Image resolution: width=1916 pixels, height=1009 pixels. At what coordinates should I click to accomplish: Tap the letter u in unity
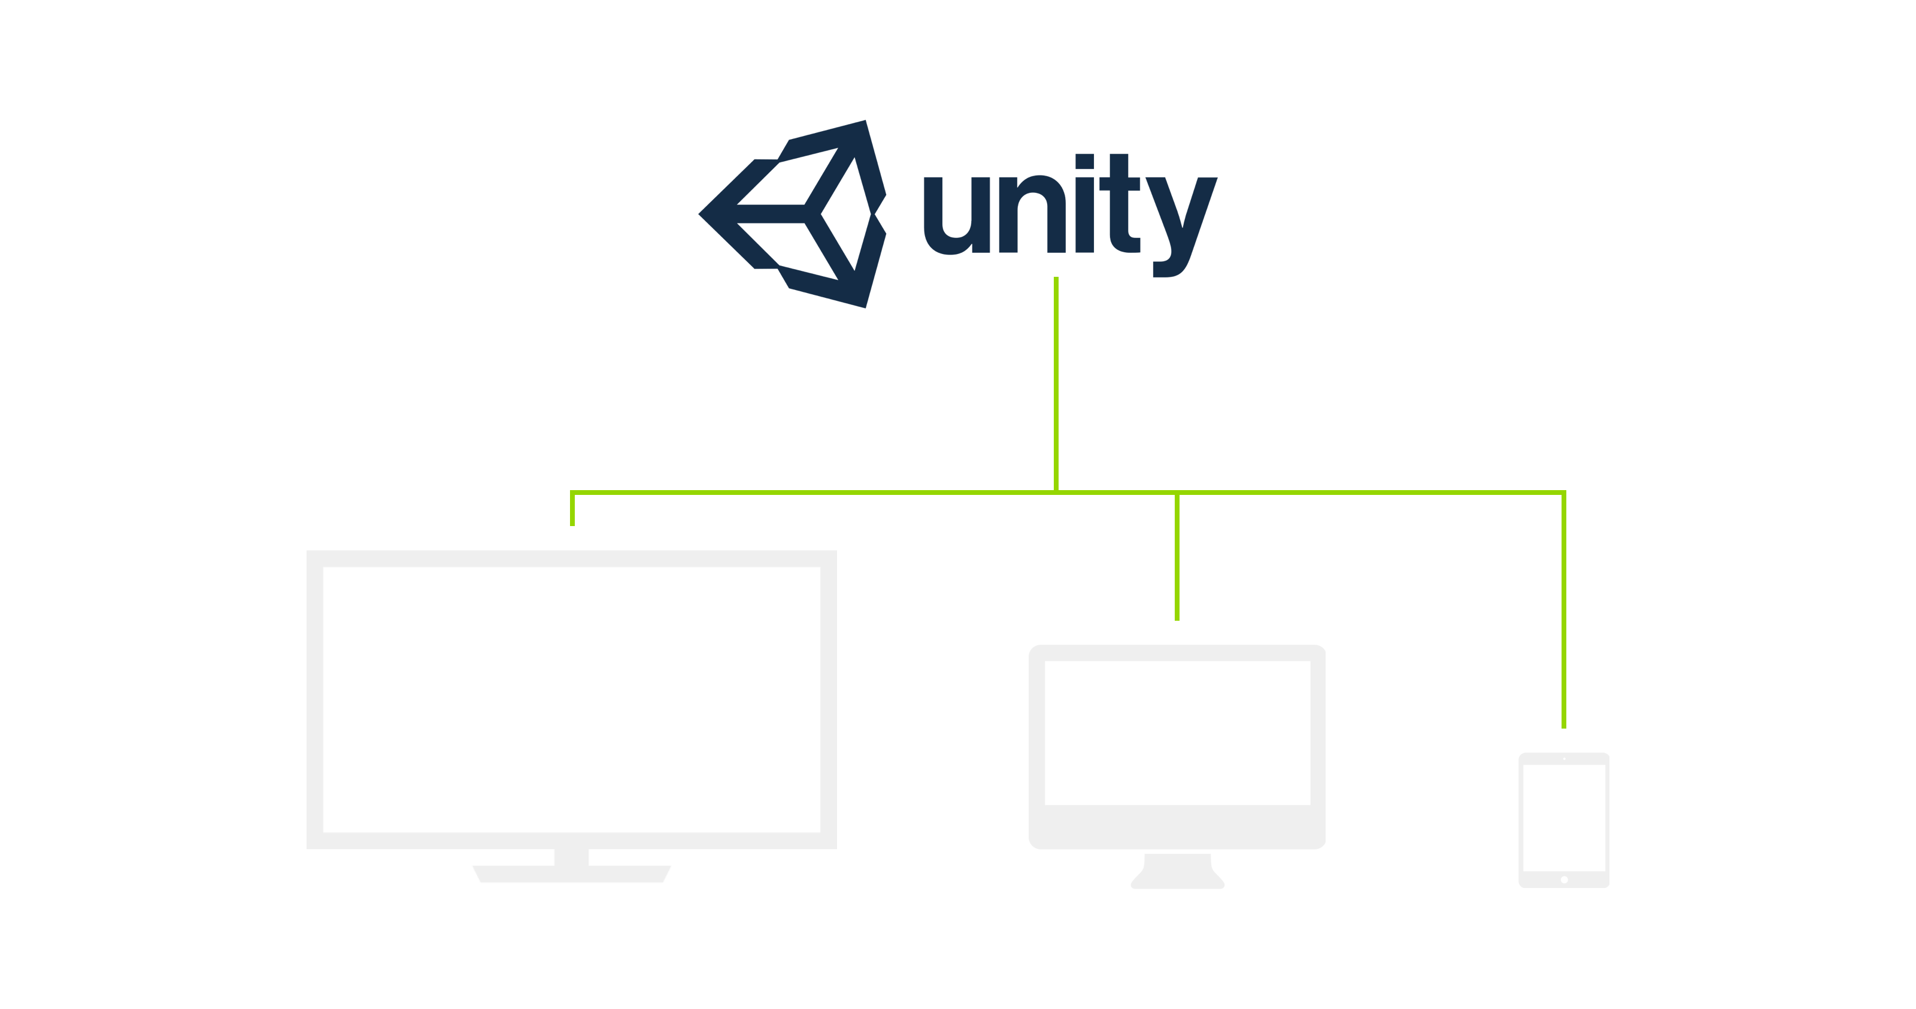(957, 216)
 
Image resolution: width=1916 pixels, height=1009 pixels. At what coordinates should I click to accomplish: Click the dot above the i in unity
(1084, 161)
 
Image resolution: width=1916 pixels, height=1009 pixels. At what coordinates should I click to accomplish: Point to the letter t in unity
(1120, 203)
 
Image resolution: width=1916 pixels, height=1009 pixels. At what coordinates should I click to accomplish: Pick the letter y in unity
(1182, 227)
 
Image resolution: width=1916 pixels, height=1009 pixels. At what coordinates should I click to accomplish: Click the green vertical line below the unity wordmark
(1056, 384)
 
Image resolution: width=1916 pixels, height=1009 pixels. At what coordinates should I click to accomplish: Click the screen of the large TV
(571, 699)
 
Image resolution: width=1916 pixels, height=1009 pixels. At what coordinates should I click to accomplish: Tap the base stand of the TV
(571, 874)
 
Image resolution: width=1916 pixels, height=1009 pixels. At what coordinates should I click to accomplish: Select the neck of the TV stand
(571, 857)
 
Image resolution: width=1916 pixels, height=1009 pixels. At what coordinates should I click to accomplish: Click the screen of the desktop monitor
(1177, 733)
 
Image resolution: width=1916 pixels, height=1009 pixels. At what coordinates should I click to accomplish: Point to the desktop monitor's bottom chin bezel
(1177, 827)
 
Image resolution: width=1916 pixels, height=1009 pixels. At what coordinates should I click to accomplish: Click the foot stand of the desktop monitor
(1177, 872)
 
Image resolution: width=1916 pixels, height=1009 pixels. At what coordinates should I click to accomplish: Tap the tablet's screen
(1564, 818)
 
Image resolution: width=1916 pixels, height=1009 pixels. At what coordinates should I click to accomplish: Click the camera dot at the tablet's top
(1564, 759)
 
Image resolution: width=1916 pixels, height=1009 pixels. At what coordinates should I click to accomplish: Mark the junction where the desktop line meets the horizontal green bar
(1177, 493)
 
